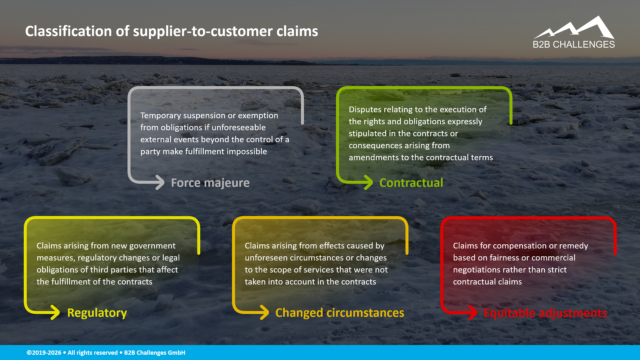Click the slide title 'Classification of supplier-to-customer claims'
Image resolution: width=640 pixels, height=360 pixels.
pyautogui.click(x=171, y=31)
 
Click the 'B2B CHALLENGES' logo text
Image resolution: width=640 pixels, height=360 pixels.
pyautogui.click(x=574, y=44)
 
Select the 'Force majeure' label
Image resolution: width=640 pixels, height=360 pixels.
pyautogui.click(x=210, y=183)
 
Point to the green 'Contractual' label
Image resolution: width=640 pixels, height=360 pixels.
pyautogui.click(x=411, y=183)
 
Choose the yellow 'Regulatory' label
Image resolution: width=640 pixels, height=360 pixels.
pyautogui.click(x=97, y=313)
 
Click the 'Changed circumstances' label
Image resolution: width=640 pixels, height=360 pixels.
pyautogui.click(x=339, y=313)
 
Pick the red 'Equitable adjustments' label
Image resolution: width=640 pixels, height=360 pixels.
pyautogui.click(x=545, y=313)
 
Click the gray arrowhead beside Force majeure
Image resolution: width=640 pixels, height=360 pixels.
pyautogui.click(x=160, y=182)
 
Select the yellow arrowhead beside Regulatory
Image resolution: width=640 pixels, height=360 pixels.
pyautogui.click(x=55, y=312)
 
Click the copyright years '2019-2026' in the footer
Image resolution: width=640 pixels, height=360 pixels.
pyautogui.click(x=47, y=353)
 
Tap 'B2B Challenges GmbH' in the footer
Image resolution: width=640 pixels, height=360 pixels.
pyautogui.click(x=155, y=353)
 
